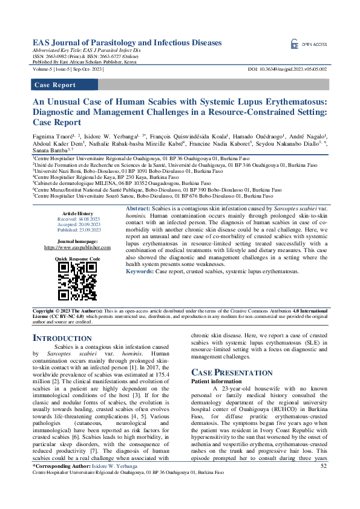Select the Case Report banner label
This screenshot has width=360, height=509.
pyautogui.click(x=55, y=85)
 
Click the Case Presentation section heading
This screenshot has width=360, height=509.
pyautogui.click(x=232, y=372)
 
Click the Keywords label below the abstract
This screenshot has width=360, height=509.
pyautogui.click(x=140, y=271)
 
